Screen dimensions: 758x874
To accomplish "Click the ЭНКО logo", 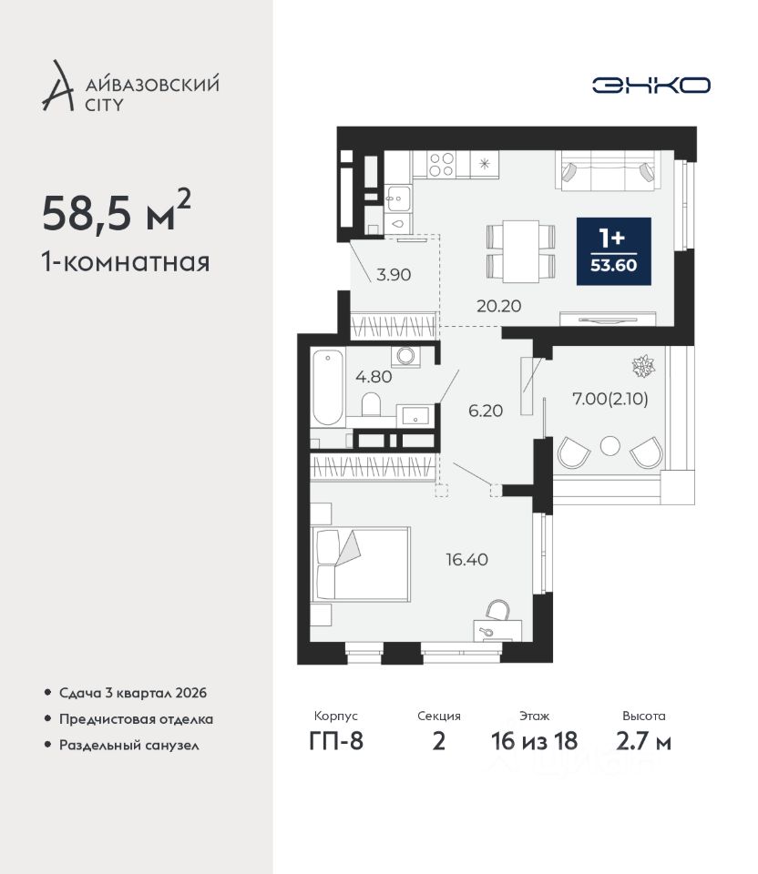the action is pyautogui.click(x=650, y=86).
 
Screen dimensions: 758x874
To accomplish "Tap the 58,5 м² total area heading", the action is pyautogui.click(x=117, y=211).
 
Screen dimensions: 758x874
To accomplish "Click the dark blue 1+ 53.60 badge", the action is pyautogui.click(x=613, y=251).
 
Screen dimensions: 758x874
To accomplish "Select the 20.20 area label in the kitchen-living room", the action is pyautogui.click(x=498, y=306).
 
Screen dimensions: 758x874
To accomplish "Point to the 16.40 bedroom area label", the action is pyautogui.click(x=466, y=559).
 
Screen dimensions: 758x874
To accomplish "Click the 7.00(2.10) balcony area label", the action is pyautogui.click(x=610, y=399).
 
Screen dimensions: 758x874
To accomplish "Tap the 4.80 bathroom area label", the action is pyautogui.click(x=374, y=377).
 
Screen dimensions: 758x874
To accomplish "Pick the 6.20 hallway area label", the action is pyautogui.click(x=486, y=411).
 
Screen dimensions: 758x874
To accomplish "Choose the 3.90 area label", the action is pyautogui.click(x=394, y=275).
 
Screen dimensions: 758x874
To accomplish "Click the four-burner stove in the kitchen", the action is pyautogui.click(x=441, y=164).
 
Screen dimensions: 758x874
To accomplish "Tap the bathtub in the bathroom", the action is pyautogui.click(x=327, y=388).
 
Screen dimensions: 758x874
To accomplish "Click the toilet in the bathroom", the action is pyautogui.click(x=371, y=404).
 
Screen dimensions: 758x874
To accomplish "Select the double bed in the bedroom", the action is pyautogui.click(x=362, y=564).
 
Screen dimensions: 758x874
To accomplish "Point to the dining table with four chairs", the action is pyautogui.click(x=521, y=251).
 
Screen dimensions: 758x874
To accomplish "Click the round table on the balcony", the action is pyautogui.click(x=610, y=446).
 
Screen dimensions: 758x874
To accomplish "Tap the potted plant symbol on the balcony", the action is pyautogui.click(x=643, y=366).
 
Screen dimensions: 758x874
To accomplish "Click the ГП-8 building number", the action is pyautogui.click(x=336, y=741).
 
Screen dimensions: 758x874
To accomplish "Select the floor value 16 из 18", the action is pyautogui.click(x=535, y=741).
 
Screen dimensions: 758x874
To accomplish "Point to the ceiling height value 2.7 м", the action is pyautogui.click(x=643, y=741).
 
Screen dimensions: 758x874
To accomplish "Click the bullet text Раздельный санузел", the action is pyautogui.click(x=128, y=746).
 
